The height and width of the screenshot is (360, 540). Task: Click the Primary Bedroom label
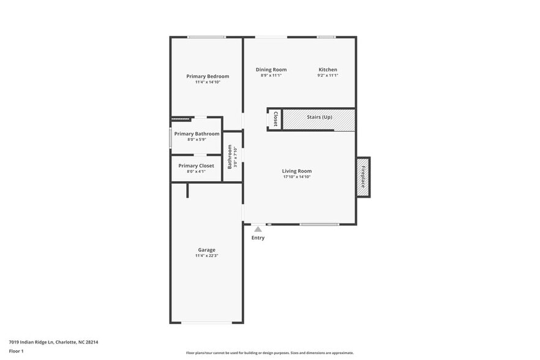pyautogui.click(x=208, y=77)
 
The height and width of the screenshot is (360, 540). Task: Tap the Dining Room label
pyautogui.click(x=271, y=70)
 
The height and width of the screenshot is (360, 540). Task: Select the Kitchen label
pyautogui.click(x=328, y=70)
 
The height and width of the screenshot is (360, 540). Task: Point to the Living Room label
pyautogui.click(x=297, y=171)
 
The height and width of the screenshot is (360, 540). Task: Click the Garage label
pyautogui.click(x=206, y=250)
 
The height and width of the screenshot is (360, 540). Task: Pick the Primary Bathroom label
pyautogui.click(x=197, y=133)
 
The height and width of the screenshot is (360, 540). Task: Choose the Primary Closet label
pyautogui.click(x=197, y=166)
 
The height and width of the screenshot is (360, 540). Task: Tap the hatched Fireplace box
pyautogui.click(x=363, y=177)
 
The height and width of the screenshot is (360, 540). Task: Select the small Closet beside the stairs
pyautogui.click(x=276, y=119)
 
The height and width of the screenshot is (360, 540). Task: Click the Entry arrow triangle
pyautogui.click(x=258, y=230)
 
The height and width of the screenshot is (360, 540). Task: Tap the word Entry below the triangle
pyautogui.click(x=258, y=238)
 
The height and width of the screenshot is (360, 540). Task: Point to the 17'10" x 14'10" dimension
pyautogui.click(x=297, y=177)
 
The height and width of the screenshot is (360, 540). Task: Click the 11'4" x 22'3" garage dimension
pyautogui.click(x=206, y=256)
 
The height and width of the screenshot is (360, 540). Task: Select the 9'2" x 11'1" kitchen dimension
pyautogui.click(x=328, y=76)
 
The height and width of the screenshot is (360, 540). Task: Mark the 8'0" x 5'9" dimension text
pyautogui.click(x=197, y=140)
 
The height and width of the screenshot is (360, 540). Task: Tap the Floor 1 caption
pyautogui.click(x=16, y=351)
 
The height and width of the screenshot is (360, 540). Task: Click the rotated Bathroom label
pyautogui.click(x=230, y=156)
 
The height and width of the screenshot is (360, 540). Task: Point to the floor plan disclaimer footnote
pyautogui.click(x=269, y=353)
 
